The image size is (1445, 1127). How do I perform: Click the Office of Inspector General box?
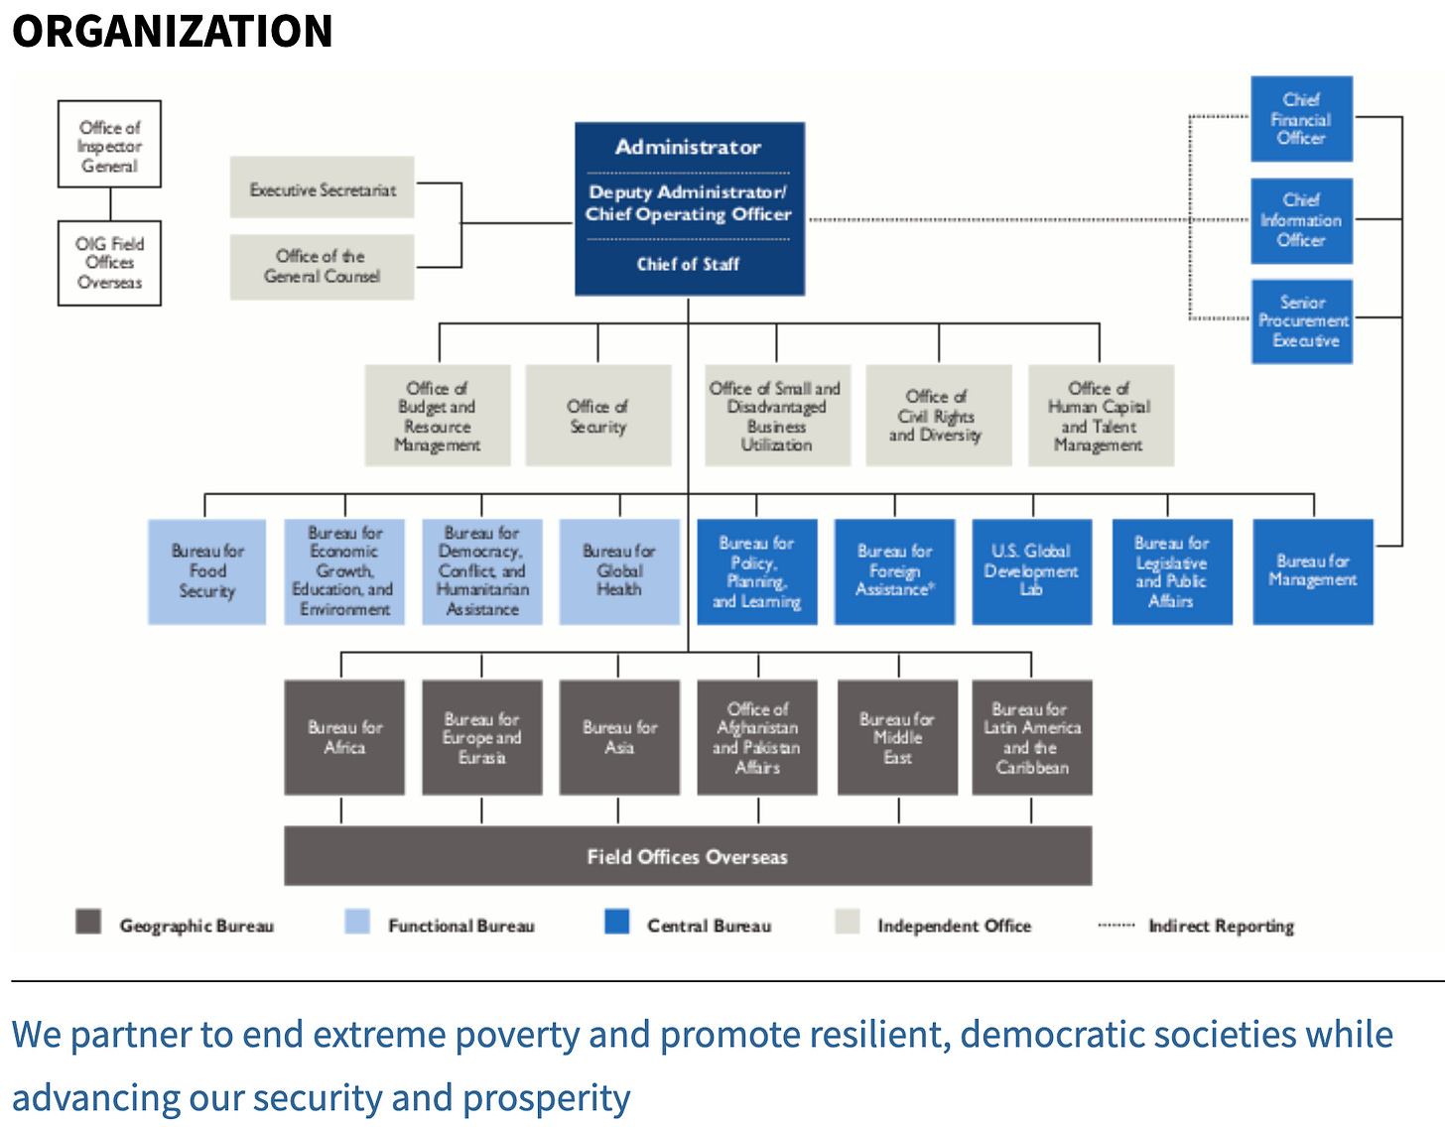pos(109,145)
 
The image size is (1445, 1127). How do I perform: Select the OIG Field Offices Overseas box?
pos(109,263)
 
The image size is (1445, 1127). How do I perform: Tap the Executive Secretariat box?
pos(322,188)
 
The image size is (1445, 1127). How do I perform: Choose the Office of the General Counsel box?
pos(322,266)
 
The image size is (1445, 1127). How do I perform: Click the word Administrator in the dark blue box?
pos(688,147)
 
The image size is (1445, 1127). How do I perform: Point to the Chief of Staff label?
pos(688,264)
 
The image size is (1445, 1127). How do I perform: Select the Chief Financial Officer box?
pos(1301,119)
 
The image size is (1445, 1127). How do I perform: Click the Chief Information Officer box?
pos(1301,220)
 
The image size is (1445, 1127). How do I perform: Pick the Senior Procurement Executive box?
pos(1301,321)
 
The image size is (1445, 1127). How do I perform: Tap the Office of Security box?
pos(597,416)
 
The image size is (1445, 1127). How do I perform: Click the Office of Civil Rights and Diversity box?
pos(938,416)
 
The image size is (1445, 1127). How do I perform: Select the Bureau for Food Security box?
pos(206,571)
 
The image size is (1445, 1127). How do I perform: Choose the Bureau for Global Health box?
pos(619,571)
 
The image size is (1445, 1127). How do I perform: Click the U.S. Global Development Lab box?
pos(1031,571)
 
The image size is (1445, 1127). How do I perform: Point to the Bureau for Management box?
pos(1312,571)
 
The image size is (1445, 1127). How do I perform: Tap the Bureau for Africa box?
pos(344,737)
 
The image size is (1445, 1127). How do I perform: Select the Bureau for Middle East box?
pos(897,737)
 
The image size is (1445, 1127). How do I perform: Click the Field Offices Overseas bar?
pos(688,856)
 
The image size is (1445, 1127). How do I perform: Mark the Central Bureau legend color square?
pos(616,922)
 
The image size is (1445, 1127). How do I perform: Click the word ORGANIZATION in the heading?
pos(172,31)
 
